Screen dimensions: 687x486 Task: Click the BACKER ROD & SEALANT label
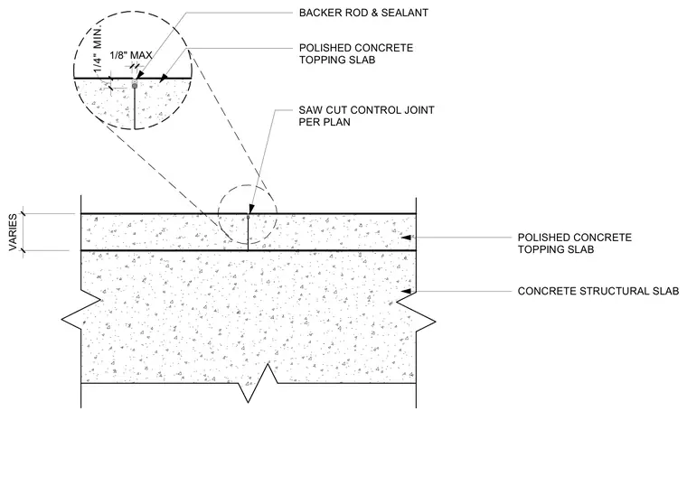click(x=363, y=13)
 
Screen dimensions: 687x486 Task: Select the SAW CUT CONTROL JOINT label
click(x=367, y=110)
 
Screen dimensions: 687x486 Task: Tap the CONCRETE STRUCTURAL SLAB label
click(x=598, y=291)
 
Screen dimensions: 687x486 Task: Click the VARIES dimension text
click(x=14, y=232)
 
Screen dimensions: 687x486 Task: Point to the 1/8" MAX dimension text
click(x=130, y=56)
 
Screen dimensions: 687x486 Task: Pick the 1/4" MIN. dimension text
click(x=99, y=49)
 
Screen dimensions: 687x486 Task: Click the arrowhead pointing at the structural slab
click(x=407, y=291)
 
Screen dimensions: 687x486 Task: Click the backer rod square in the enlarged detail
click(x=135, y=86)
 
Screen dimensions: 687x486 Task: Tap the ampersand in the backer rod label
click(x=373, y=13)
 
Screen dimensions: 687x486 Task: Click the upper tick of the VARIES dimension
click(x=24, y=214)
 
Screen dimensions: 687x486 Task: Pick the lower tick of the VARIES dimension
click(x=24, y=251)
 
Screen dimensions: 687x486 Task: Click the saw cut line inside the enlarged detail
click(x=134, y=108)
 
